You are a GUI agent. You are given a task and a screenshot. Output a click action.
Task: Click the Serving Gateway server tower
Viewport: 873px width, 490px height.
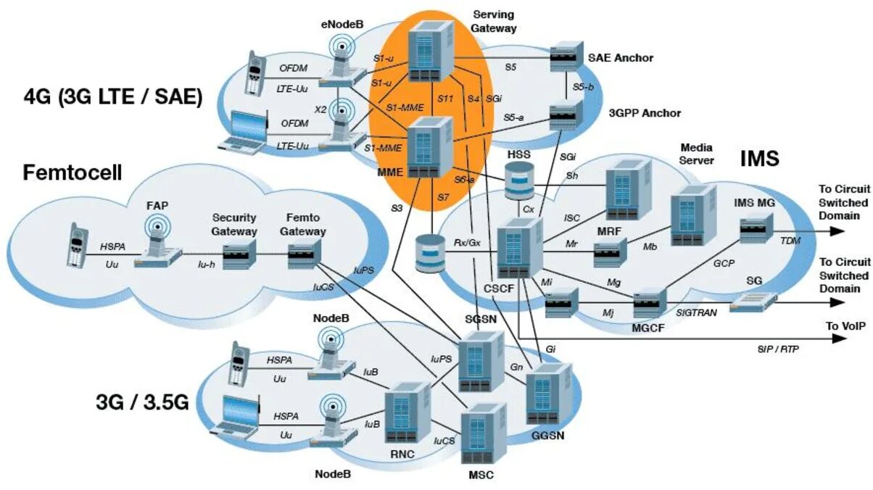[x=431, y=51]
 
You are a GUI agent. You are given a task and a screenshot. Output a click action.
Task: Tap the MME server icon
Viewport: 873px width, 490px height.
[x=430, y=148]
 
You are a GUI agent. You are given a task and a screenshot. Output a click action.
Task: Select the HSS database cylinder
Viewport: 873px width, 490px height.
[x=519, y=181]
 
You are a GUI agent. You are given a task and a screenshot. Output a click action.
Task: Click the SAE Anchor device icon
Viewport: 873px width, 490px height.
[x=566, y=56]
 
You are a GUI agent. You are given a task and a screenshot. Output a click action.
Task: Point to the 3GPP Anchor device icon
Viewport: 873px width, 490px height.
[x=566, y=115]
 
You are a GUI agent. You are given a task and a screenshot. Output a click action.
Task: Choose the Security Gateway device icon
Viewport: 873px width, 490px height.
[x=239, y=254]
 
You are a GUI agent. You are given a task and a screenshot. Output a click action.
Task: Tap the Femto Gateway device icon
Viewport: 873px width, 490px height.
[x=305, y=254]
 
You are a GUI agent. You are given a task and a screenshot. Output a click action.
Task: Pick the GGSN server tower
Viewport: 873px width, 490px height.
[x=549, y=394]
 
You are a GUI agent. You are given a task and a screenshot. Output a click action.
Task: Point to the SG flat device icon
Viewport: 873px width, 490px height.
[x=753, y=302]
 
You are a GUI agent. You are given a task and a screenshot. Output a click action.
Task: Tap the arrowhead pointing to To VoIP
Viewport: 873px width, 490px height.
[x=837, y=339]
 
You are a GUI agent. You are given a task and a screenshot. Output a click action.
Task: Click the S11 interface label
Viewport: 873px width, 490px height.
[x=445, y=99]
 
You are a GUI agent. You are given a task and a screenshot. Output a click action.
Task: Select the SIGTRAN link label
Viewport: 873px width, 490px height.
[x=696, y=312]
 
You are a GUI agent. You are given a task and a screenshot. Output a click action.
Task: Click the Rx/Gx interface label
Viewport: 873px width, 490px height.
[x=467, y=243]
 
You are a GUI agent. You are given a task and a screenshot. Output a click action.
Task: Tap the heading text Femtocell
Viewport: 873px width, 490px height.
[x=73, y=173]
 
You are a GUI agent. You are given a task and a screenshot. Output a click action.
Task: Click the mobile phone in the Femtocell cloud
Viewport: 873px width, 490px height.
[x=77, y=245]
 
